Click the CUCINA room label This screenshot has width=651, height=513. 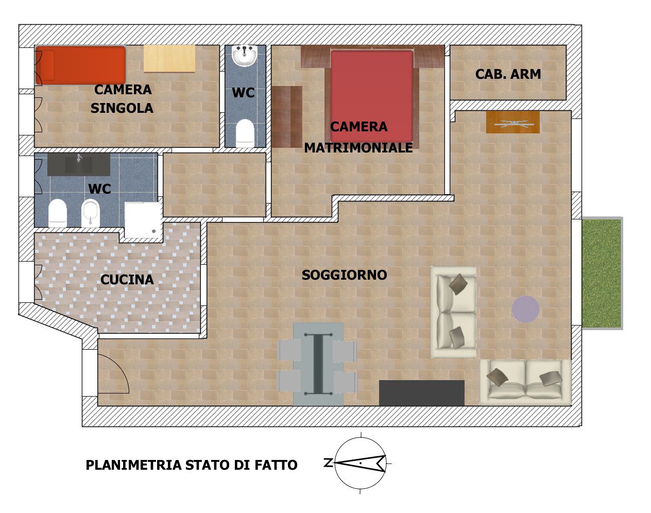[127, 280]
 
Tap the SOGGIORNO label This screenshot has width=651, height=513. [345, 275]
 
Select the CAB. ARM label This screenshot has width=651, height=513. [508, 74]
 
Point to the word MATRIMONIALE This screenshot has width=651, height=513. [358, 148]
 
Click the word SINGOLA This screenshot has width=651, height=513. [122, 108]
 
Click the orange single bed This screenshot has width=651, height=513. [80, 65]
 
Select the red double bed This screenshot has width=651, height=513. [372, 96]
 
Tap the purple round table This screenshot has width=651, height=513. [525, 309]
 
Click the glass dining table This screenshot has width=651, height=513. [318, 364]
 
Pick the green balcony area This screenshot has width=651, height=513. [602, 273]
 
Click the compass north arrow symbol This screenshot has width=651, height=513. [360, 463]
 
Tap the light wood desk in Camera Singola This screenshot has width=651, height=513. [169, 59]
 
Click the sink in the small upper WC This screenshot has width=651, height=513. [245, 55]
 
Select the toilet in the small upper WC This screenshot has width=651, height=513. [245, 133]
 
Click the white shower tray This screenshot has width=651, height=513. [143, 220]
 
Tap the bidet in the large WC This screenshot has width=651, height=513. [91, 213]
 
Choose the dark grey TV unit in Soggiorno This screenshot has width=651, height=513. [422, 393]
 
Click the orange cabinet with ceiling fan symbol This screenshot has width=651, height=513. [513, 122]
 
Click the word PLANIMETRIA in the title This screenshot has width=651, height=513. [134, 465]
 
